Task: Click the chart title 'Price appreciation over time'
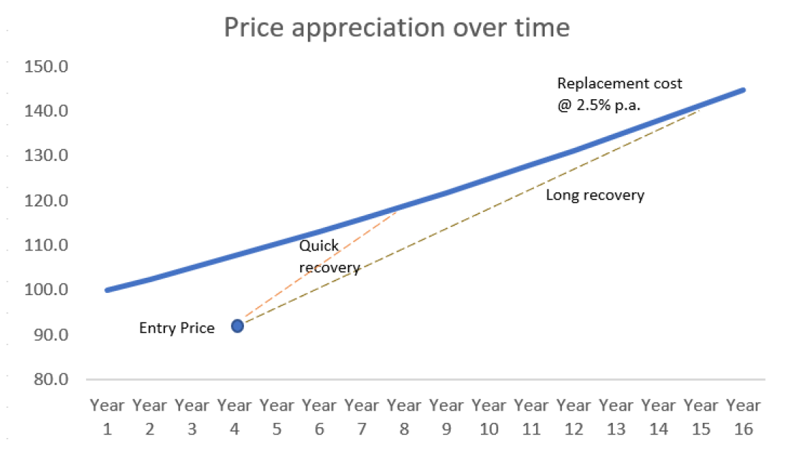pyautogui.click(x=397, y=28)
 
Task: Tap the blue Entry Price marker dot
pyautogui.click(x=238, y=326)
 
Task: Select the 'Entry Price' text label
pyautogui.click(x=177, y=328)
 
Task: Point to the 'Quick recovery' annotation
pyautogui.click(x=329, y=256)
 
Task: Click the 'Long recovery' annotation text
pyautogui.click(x=595, y=195)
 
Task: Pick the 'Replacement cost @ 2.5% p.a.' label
pyautogui.click(x=619, y=93)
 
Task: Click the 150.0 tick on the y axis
pyautogui.click(x=46, y=67)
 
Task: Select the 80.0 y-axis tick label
pyautogui.click(x=46, y=379)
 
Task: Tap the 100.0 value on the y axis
pyautogui.click(x=46, y=290)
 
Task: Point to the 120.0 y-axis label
pyautogui.click(x=46, y=201)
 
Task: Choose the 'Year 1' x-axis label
pyautogui.click(x=108, y=416)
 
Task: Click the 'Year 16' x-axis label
pyautogui.click(x=743, y=416)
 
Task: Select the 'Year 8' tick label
pyautogui.click(x=404, y=416)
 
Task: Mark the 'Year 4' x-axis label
pyautogui.click(x=235, y=416)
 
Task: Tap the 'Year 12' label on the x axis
pyautogui.click(x=573, y=416)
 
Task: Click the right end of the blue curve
pyautogui.click(x=743, y=90)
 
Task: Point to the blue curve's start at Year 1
pyautogui.click(x=108, y=290)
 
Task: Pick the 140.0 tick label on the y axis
pyautogui.click(x=46, y=111)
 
